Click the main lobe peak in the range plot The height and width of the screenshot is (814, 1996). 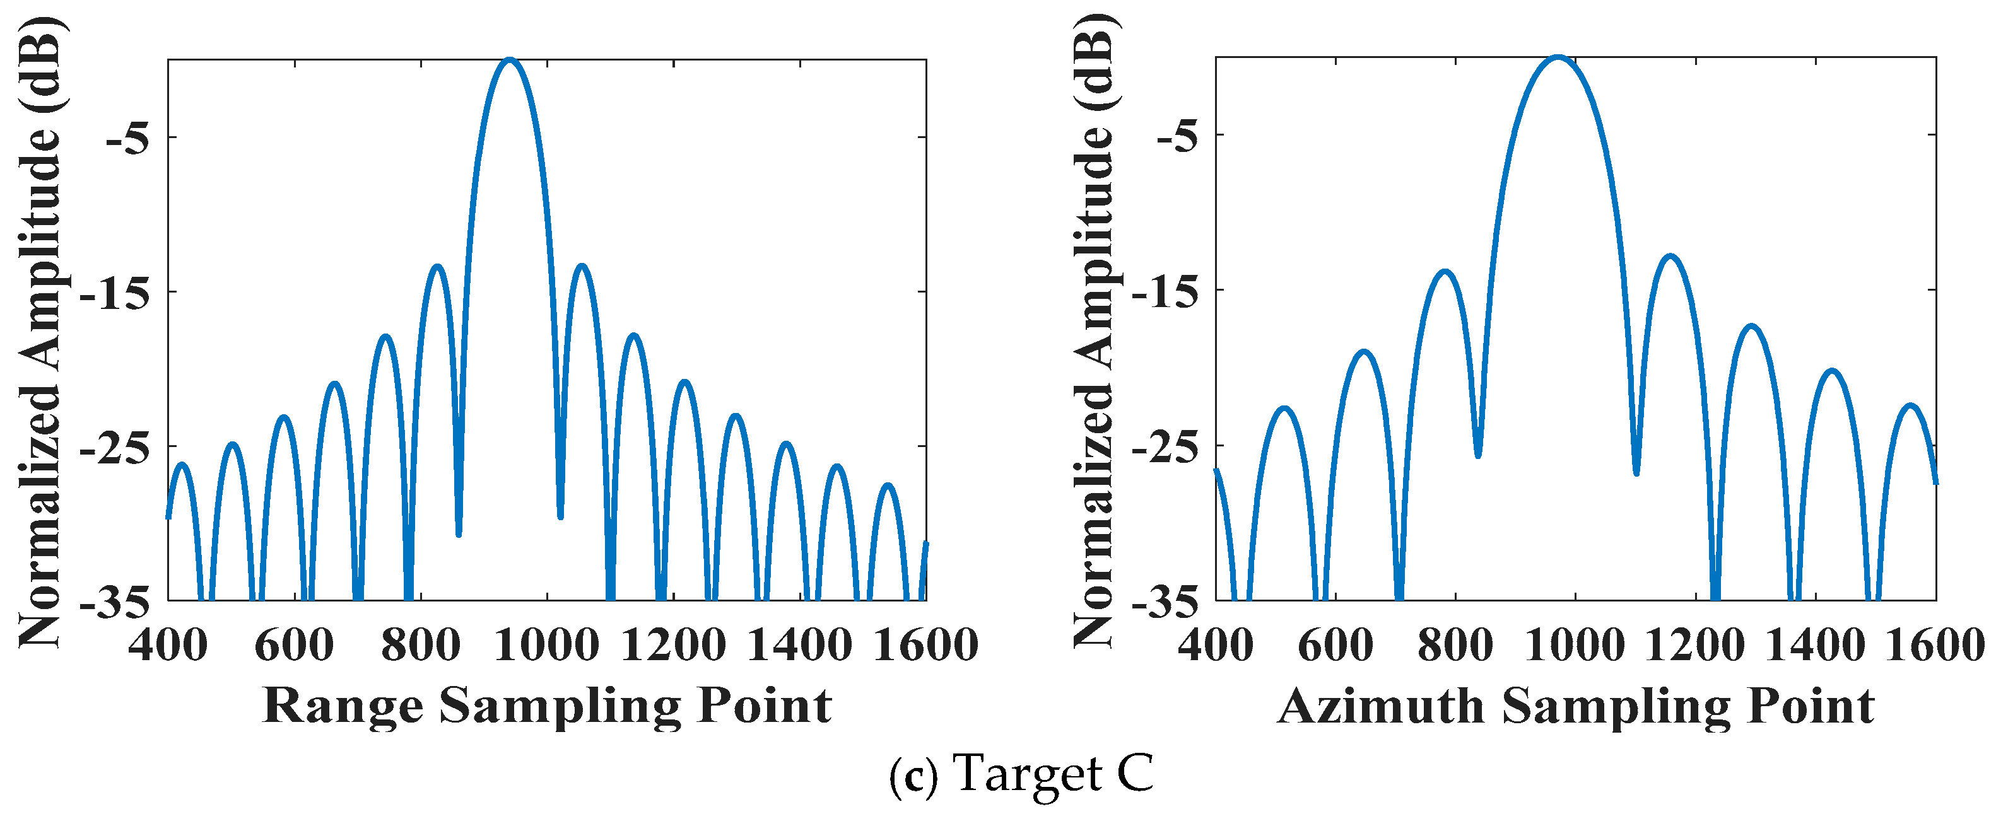click(x=509, y=60)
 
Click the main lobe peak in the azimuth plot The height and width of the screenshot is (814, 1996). click(x=1558, y=57)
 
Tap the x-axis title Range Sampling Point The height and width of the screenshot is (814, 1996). click(x=547, y=706)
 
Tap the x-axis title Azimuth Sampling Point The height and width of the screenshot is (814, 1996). click(x=1575, y=706)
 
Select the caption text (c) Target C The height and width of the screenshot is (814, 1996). click(x=1021, y=774)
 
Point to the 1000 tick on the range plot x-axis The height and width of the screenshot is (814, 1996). click(x=547, y=645)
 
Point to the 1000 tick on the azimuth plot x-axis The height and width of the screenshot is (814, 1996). click(x=1575, y=645)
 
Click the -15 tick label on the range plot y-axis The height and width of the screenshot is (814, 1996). click(x=116, y=293)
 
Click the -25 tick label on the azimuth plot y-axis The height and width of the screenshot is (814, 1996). click(x=1165, y=447)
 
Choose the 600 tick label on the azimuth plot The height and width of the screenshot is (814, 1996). click(x=1335, y=645)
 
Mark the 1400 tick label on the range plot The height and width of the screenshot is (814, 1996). click(x=800, y=645)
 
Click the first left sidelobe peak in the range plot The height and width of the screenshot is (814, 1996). click(x=438, y=267)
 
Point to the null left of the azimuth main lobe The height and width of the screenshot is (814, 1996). click(x=1477, y=455)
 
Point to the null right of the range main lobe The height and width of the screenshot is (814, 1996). click(x=560, y=516)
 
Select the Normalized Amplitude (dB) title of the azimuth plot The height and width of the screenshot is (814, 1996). click(x=1096, y=329)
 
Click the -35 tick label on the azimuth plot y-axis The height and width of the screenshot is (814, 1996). click(x=1165, y=603)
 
